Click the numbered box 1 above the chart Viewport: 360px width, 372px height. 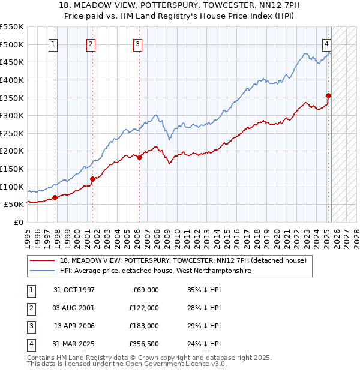[x=53, y=43]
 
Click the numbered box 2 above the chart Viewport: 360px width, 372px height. [x=91, y=43]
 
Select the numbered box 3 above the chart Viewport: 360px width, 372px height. [x=137, y=43]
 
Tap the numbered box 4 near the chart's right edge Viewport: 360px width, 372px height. [x=326, y=43]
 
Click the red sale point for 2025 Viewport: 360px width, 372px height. [x=329, y=95]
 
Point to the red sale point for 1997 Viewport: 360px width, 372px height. [x=55, y=197]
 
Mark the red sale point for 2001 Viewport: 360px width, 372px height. [x=92, y=179]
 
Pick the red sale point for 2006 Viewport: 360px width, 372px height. [x=139, y=157]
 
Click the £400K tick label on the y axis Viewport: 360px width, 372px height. [x=11, y=80]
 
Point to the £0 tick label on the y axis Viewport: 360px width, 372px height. [x=17, y=222]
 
